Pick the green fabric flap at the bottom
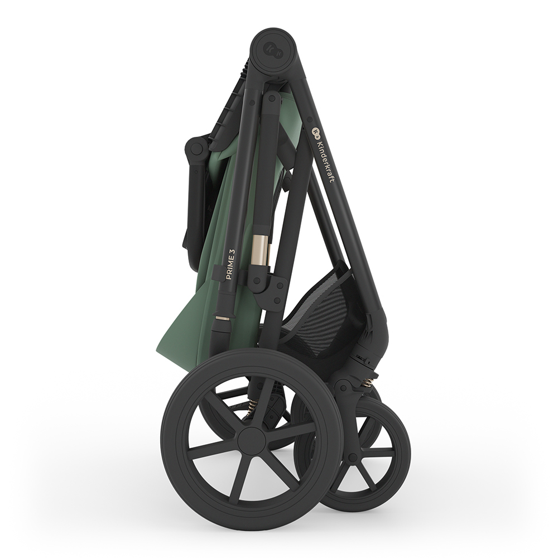click(x=185, y=317)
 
